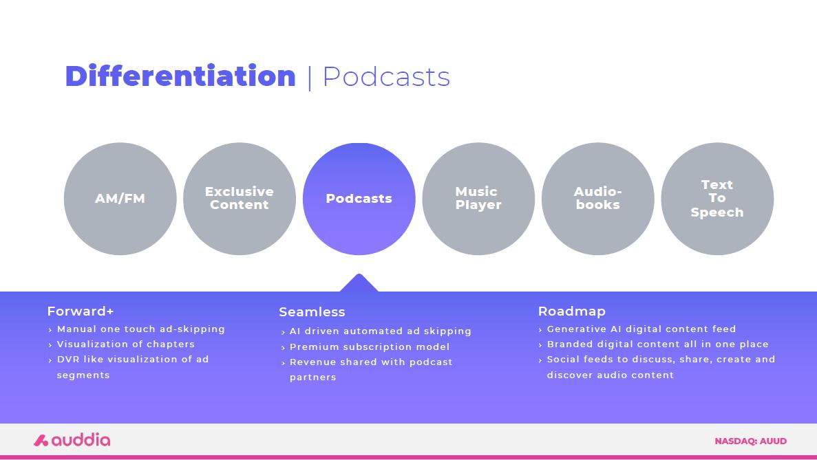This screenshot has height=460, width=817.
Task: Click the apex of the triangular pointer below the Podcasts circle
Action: coord(359,274)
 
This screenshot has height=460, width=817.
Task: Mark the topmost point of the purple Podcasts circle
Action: coord(359,142)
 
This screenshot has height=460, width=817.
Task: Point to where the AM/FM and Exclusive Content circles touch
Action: coord(180,199)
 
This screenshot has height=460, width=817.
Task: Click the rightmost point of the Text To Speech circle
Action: coord(774,199)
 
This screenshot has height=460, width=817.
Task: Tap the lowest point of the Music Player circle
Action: coord(478,255)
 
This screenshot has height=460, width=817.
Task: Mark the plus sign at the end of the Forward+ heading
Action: coord(109,311)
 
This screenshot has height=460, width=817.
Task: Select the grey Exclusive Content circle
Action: coord(240,199)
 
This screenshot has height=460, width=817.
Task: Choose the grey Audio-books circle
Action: coord(597,199)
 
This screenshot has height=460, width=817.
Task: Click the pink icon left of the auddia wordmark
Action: coord(41,441)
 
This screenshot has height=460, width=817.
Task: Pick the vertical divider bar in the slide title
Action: coord(310,78)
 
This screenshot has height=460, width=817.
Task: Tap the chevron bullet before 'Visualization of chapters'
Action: coord(50,345)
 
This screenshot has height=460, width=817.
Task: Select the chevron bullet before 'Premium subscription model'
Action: coord(283,348)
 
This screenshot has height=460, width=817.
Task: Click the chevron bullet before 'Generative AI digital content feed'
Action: coord(540,330)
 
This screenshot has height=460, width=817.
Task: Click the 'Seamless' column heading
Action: coord(312,311)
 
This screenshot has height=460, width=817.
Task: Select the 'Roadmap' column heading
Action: coord(571,311)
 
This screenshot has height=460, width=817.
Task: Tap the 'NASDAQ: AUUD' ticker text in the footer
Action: coord(751,441)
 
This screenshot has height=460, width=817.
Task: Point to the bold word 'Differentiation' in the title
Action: coord(180,76)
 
